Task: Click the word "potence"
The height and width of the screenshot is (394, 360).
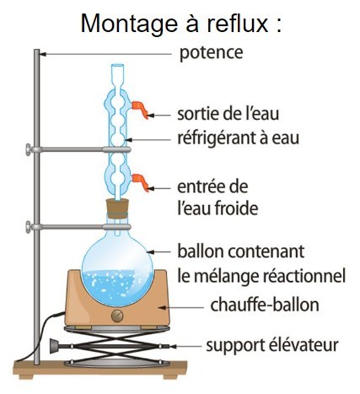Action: tap(211, 53)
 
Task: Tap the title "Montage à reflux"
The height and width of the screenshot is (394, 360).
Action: tap(175, 24)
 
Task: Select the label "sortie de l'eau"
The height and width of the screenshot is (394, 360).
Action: tap(228, 114)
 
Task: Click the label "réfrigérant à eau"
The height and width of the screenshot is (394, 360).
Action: tap(238, 138)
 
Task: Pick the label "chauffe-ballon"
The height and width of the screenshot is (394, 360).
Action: tap(265, 305)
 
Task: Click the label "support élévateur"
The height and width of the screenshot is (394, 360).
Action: tap(272, 345)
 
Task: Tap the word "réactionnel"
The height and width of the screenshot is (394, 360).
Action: tap(304, 276)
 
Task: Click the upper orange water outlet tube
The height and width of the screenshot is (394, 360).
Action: tap(140, 109)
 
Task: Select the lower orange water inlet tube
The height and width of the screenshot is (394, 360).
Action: tap(140, 182)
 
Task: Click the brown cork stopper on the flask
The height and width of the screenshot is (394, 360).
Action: tap(118, 208)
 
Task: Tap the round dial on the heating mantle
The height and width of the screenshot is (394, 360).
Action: tap(117, 316)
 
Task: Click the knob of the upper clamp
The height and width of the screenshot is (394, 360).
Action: tap(29, 149)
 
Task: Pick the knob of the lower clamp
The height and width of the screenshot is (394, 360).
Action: tap(29, 227)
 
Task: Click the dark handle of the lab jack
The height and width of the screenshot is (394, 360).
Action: tap(54, 346)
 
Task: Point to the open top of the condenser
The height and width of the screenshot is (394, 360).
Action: tap(118, 66)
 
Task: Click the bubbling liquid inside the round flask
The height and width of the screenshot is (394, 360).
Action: tap(117, 287)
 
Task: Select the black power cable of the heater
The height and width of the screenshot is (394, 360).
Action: tap(40, 335)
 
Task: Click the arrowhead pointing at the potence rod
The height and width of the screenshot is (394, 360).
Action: tap(43, 54)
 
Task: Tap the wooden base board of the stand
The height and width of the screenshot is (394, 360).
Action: tap(100, 370)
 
